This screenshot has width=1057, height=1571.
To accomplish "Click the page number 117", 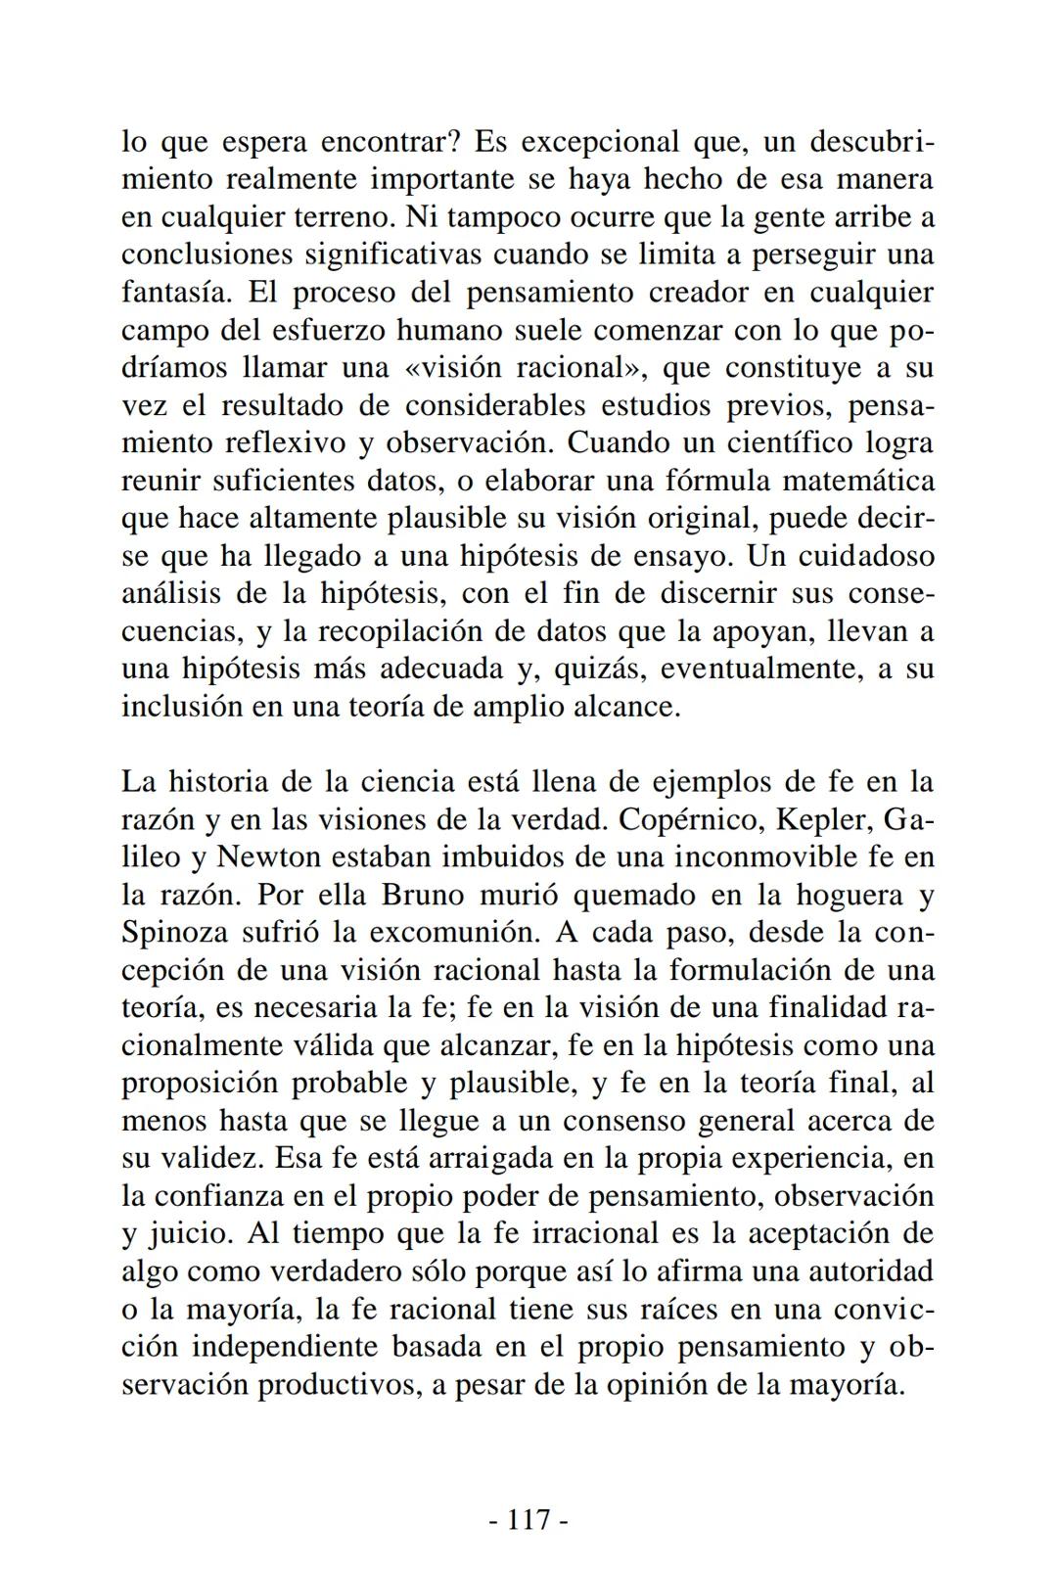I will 528,1519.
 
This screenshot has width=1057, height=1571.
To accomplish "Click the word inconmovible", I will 738,856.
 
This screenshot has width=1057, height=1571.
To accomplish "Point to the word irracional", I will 595,1233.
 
